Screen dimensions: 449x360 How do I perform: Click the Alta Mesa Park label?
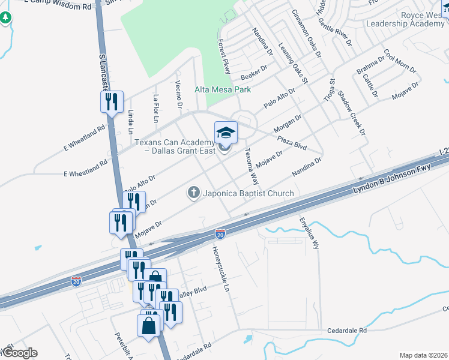click(221, 89)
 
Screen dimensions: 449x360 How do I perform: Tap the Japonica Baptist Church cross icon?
click(193, 193)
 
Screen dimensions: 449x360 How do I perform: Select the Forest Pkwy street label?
click(224, 57)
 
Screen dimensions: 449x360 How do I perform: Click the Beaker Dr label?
click(253, 74)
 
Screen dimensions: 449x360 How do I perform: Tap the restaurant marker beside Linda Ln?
click(112, 101)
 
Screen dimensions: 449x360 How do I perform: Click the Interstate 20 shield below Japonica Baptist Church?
click(220, 233)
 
